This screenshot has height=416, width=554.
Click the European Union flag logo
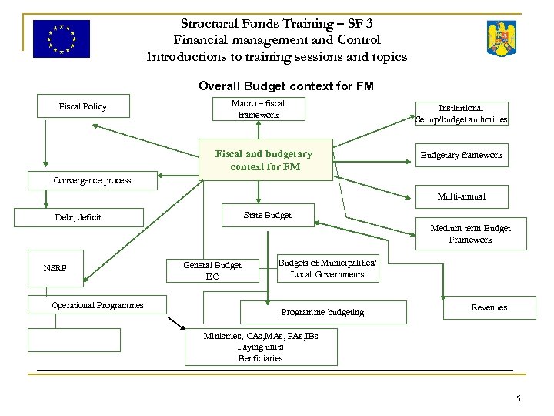tap(62, 39)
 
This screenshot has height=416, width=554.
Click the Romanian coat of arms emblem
tap(502, 39)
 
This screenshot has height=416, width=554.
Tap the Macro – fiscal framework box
tap(257, 109)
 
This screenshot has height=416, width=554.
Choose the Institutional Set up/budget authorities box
tap(461, 113)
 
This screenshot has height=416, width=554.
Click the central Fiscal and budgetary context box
tap(265, 160)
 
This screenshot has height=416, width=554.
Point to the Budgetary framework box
tap(461, 155)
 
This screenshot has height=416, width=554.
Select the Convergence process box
tap(92, 181)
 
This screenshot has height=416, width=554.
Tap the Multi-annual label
tap(461, 197)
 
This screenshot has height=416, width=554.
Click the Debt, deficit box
tap(85, 217)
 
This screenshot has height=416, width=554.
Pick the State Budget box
tap(267, 215)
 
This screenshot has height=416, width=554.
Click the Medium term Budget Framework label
tap(470, 234)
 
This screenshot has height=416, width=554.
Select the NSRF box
tap(55, 268)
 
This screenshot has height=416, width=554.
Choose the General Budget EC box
tap(212, 270)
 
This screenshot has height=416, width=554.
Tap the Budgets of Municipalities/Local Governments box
tap(327, 269)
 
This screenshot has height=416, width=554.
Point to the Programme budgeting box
tap(322, 312)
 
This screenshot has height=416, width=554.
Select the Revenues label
tap(489, 307)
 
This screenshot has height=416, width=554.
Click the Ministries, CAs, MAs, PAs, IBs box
tap(261, 347)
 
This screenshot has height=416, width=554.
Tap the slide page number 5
tap(519, 398)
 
